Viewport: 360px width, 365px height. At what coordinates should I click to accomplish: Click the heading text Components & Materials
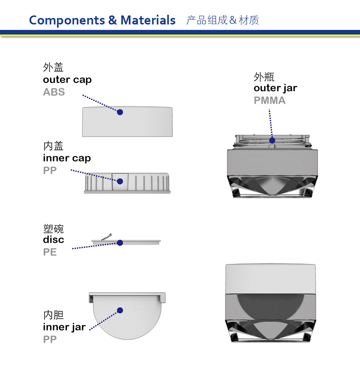click(x=102, y=20)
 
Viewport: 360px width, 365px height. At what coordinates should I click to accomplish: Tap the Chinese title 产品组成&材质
click(x=222, y=20)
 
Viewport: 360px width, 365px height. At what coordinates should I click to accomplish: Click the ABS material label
click(x=54, y=92)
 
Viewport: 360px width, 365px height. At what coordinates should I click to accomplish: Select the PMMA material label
click(x=270, y=100)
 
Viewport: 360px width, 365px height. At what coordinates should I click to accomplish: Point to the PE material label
click(x=50, y=252)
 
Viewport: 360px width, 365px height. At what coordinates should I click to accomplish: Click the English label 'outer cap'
click(x=67, y=80)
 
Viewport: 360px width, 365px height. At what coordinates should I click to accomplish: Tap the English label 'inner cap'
click(x=67, y=158)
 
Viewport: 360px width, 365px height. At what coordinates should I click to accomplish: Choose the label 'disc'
click(x=53, y=239)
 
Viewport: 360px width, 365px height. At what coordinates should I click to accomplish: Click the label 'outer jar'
click(x=275, y=88)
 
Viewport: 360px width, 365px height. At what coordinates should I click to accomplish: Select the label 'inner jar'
click(x=64, y=327)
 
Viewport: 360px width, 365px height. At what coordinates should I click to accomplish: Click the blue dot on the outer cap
click(x=120, y=112)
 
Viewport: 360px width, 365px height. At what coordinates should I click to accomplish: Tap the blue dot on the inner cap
click(x=120, y=181)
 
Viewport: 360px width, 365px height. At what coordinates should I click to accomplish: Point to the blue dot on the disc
click(x=120, y=243)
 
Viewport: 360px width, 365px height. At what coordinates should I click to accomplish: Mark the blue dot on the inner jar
click(x=120, y=310)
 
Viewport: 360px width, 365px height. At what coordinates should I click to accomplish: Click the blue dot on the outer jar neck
click(x=272, y=140)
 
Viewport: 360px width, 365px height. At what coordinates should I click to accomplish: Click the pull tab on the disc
click(x=107, y=237)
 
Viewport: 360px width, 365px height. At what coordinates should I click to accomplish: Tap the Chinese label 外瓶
click(x=264, y=77)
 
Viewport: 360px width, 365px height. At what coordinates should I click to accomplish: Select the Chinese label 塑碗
click(x=53, y=229)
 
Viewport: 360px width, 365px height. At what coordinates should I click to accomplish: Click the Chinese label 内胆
click(x=53, y=315)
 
